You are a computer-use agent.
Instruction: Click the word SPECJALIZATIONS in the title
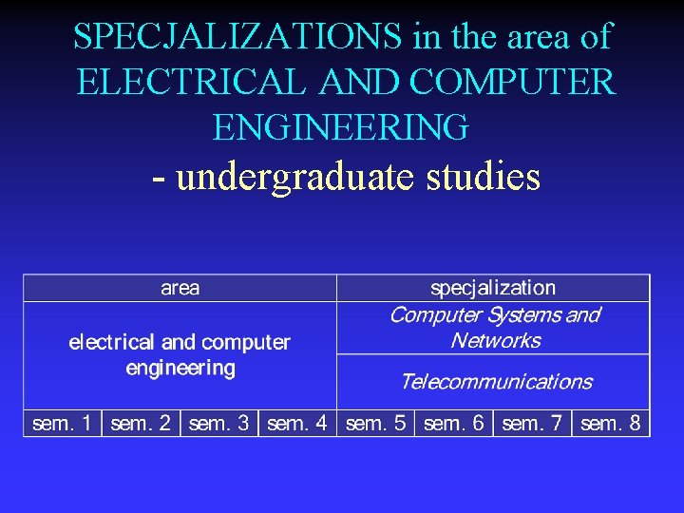coord(239,37)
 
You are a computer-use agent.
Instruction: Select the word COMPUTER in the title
coord(514,83)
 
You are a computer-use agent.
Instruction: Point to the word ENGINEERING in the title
coord(341,127)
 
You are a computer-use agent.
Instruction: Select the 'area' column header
coord(180,288)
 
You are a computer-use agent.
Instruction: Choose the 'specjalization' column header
coord(493,288)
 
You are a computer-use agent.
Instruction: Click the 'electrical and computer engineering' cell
coord(180,354)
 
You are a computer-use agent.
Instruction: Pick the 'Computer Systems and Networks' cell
coord(494,328)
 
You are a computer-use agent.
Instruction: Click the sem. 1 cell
coord(63,424)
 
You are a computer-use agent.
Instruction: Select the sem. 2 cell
coord(141,424)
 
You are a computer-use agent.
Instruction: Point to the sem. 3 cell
coord(219,424)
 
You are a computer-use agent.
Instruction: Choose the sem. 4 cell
coord(297,424)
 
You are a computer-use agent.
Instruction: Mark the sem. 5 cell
coord(376,424)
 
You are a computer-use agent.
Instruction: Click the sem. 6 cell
coord(454,424)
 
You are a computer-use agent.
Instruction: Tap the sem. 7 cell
coord(532,424)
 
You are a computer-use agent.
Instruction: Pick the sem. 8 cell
coord(611,424)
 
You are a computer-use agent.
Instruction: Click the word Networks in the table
coord(495,341)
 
